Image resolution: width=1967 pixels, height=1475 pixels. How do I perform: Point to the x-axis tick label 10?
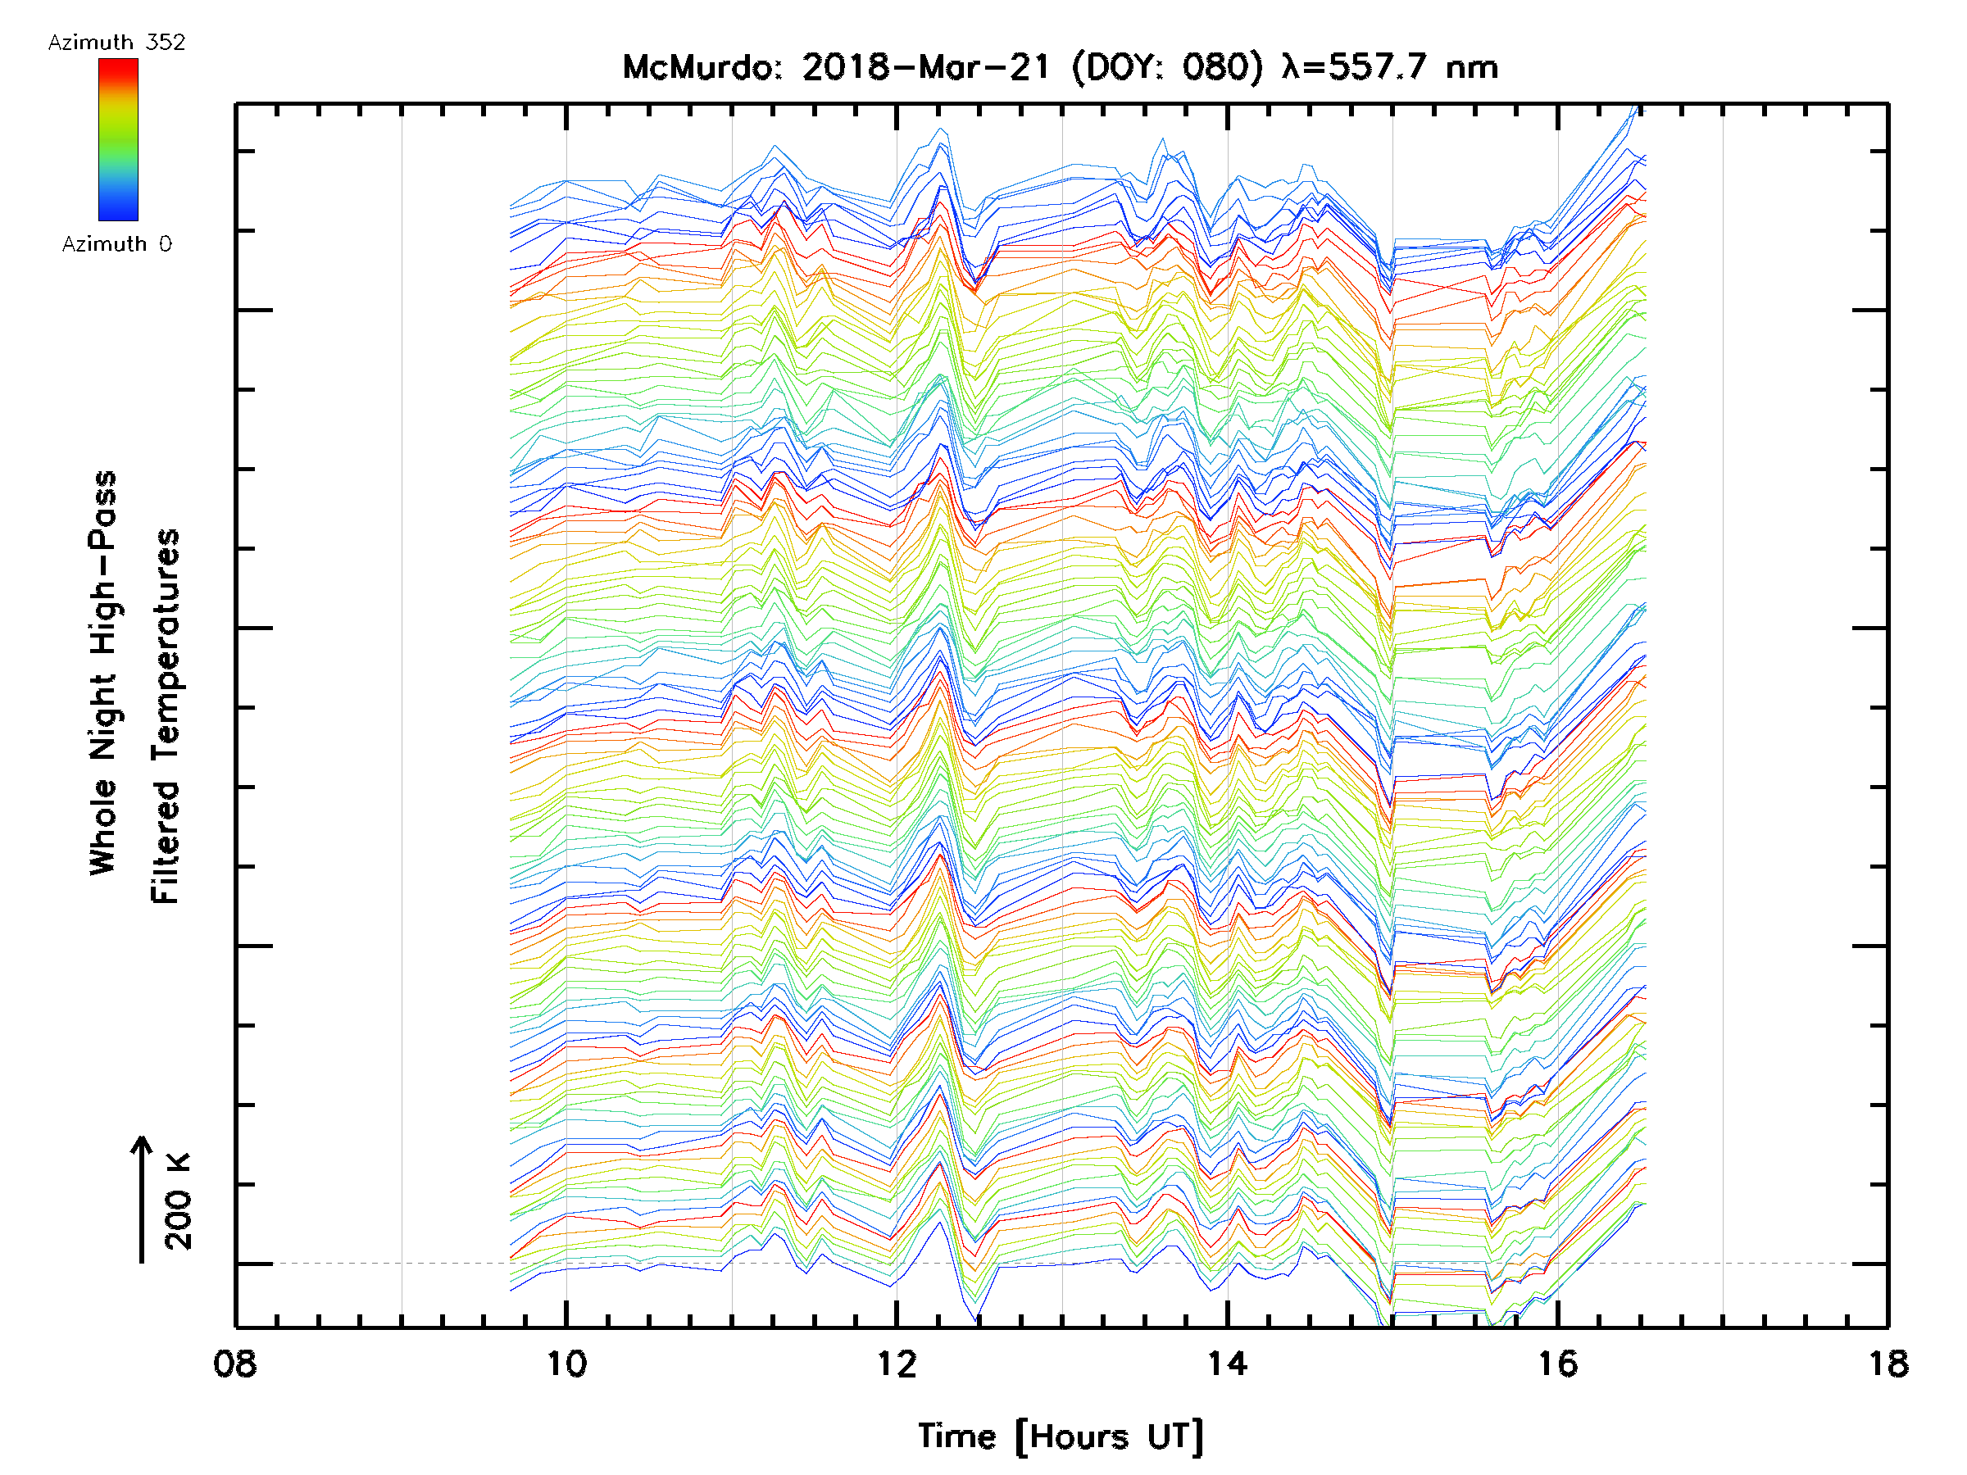pyautogui.click(x=566, y=1364)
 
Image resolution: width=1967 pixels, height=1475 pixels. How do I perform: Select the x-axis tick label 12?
pyautogui.click(x=897, y=1364)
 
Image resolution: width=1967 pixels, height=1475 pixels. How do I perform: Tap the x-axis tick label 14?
pyautogui.click(x=1227, y=1364)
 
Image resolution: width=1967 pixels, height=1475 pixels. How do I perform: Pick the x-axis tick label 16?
pyautogui.click(x=1558, y=1364)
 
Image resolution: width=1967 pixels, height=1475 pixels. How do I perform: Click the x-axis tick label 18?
pyautogui.click(x=1888, y=1364)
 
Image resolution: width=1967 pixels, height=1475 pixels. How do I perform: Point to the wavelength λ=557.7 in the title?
pyautogui.click(x=1356, y=67)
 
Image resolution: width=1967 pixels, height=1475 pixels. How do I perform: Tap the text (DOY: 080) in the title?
pyautogui.click(x=1167, y=67)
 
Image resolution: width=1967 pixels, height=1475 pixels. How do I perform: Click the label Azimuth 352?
pyautogui.click(x=116, y=43)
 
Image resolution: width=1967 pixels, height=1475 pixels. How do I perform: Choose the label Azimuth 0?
pyautogui.click(x=116, y=243)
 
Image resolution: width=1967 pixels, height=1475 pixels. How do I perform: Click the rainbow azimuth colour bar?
pyautogui.click(x=118, y=139)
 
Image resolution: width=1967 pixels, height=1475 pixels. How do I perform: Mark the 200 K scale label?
pyautogui.click(x=178, y=1201)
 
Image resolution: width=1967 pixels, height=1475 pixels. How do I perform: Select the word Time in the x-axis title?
pyautogui.click(x=956, y=1436)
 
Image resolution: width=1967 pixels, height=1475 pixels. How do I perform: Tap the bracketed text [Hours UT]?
pyautogui.click(x=1109, y=1436)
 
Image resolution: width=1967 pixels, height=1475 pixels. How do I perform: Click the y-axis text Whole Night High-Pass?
pyautogui.click(x=103, y=673)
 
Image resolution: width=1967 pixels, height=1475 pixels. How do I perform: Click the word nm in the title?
pyautogui.click(x=1473, y=67)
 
